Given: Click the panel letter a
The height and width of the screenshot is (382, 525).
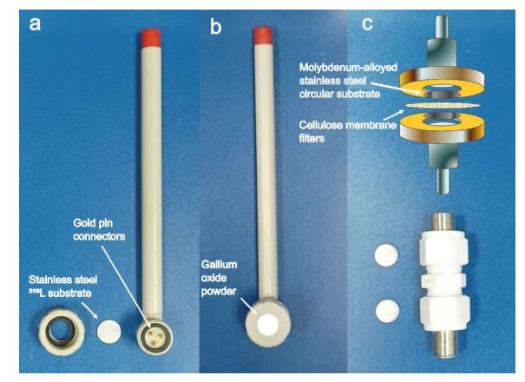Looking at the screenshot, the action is click(35, 24).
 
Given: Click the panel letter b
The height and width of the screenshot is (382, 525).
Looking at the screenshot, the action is click(215, 26).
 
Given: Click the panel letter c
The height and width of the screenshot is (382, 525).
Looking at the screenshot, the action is click(367, 24).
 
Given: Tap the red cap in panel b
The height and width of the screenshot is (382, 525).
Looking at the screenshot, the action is click(262, 36).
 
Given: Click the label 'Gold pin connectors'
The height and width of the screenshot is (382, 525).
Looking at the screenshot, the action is click(99, 230).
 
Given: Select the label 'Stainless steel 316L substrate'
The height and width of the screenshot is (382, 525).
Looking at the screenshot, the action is click(63, 286).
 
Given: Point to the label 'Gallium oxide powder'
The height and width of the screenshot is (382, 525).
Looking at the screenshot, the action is click(219, 278).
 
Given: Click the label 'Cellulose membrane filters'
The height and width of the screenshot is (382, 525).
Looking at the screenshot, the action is click(348, 132).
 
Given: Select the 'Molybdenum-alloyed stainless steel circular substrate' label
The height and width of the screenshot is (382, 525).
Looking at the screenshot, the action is click(348, 81).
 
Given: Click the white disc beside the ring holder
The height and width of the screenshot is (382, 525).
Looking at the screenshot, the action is click(108, 331).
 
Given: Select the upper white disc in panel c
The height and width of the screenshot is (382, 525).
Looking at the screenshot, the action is click(387, 254).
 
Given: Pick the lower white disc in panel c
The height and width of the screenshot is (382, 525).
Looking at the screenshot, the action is click(388, 311).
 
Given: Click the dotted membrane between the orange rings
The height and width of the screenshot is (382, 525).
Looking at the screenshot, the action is click(443, 105).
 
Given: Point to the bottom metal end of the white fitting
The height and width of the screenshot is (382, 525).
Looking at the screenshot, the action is click(445, 345).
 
